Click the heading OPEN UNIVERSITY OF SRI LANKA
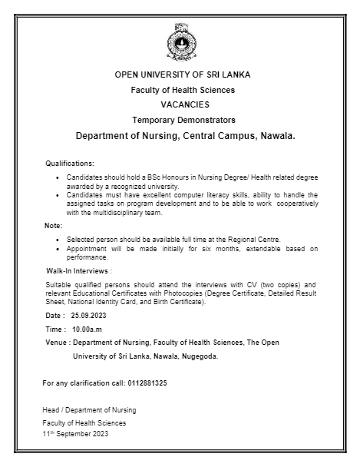click(182, 75)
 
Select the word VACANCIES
click(183, 104)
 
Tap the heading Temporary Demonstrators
click(183, 120)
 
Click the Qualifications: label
click(70, 164)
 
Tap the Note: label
click(54, 225)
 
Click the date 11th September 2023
click(74, 434)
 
